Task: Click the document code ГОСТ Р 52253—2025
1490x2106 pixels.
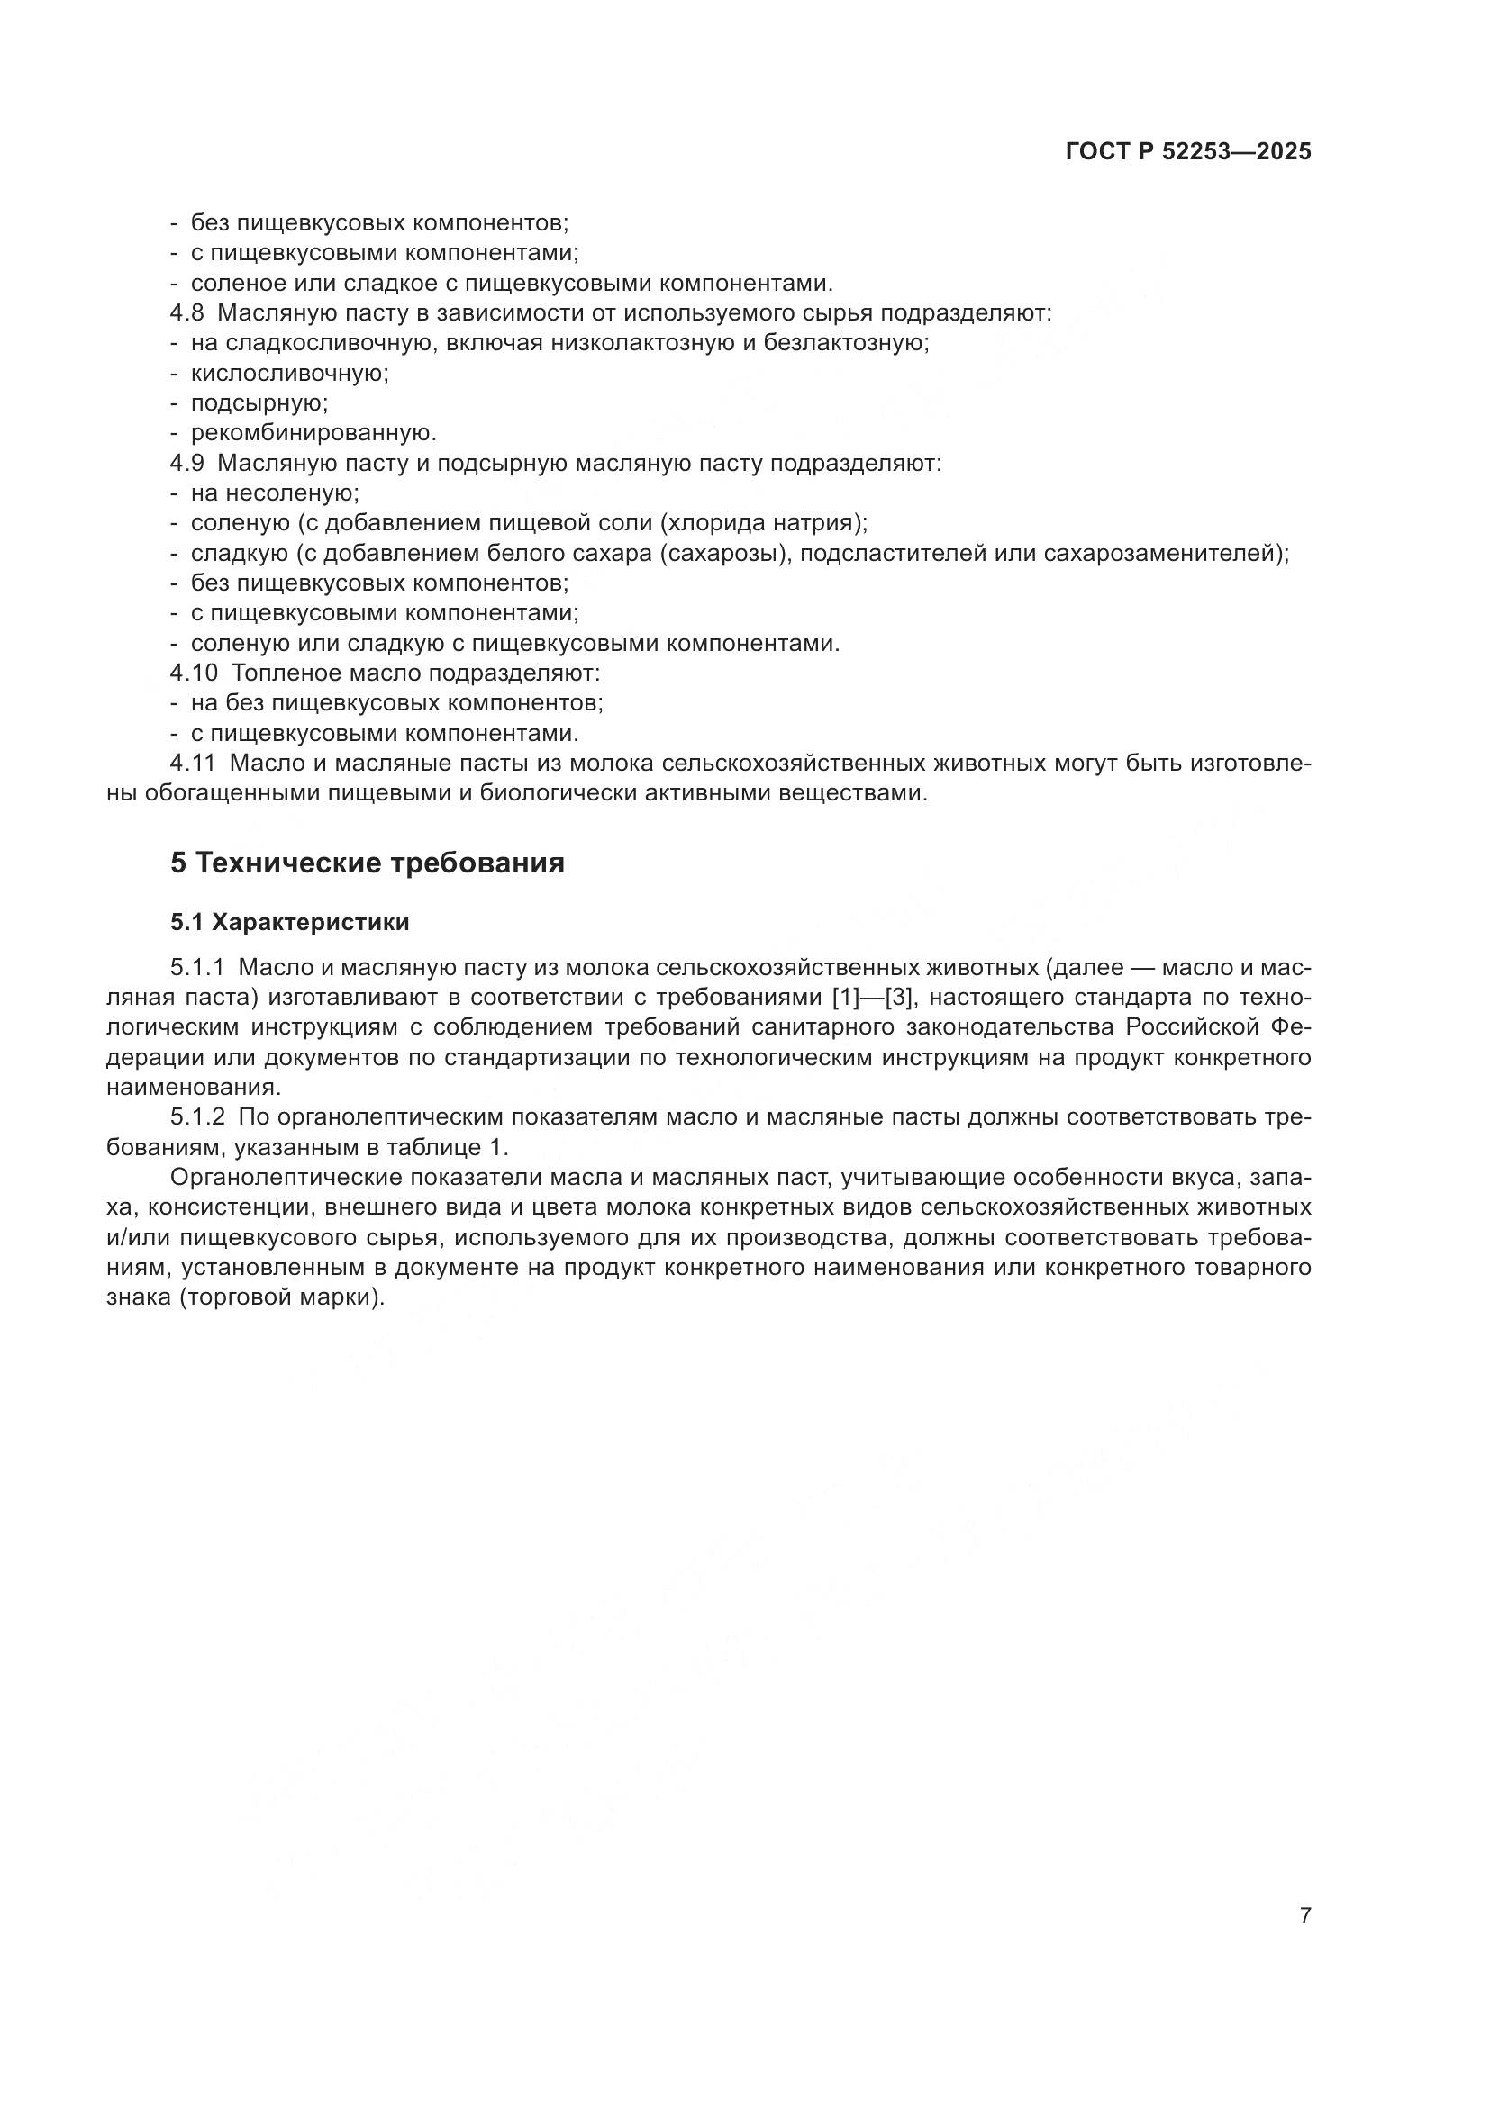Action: click(x=1188, y=152)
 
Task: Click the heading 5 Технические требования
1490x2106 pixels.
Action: click(x=367, y=863)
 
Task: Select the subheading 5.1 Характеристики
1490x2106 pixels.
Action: click(x=290, y=923)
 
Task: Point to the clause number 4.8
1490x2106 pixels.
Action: click(x=186, y=312)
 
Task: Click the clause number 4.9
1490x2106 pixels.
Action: click(x=186, y=463)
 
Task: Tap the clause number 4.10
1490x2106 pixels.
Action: click(x=193, y=673)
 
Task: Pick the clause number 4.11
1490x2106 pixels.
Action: click(x=193, y=764)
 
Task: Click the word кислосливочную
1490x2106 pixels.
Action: click(x=289, y=374)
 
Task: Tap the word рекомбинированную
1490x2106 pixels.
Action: click(x=313, y=433)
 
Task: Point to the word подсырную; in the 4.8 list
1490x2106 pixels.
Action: click(x=259, y=403)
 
